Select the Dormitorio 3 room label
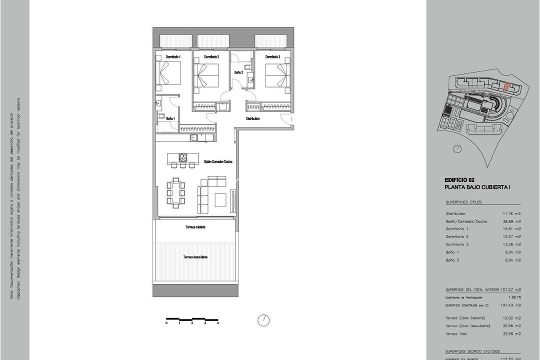[x=272, y=58]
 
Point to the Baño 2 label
[x=239, y=72]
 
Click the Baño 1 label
[x=170, y=118]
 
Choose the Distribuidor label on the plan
[x=252, y=119]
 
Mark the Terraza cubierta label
[x=194, y=227]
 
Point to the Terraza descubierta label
[x=195, y=257]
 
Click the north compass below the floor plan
[x=263, y=319]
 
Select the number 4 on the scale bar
[x=218, y=323]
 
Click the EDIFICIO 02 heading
[x=459, y=180]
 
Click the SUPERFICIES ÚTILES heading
[x=463, y=202]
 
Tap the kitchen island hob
[x=183, y=157]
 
